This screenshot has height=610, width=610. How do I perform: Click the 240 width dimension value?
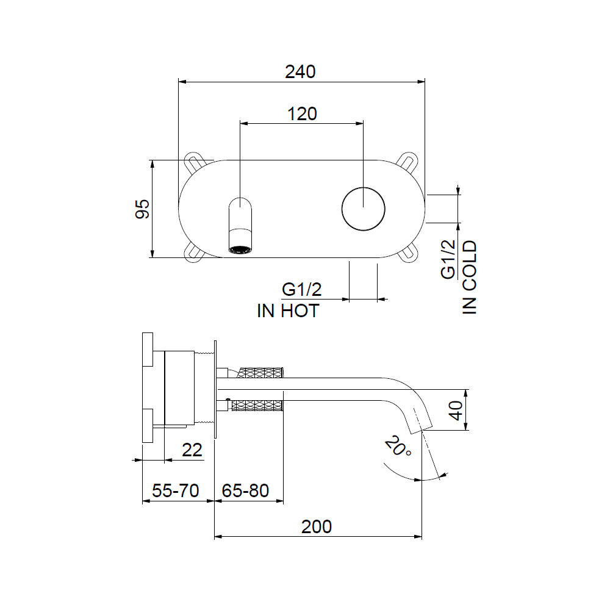[x=300, y=72]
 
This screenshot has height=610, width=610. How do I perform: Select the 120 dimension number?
[x=302, y=114]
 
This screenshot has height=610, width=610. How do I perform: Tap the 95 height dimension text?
[x=142, y=209]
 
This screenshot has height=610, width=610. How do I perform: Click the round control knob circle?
[x=364, y=187]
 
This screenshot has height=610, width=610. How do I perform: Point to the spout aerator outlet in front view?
[x=240, y=249]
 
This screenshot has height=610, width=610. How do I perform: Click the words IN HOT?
[x=288, y=311]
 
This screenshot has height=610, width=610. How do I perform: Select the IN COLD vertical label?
[x=470, y=277]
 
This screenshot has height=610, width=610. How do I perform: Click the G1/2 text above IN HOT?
[x=301, y=289]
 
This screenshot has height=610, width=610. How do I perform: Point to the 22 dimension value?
[x=192, y=450]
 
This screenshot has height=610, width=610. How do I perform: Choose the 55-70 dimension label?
[x=176, y=490]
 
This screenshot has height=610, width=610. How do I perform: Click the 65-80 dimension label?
[x=245, y=490]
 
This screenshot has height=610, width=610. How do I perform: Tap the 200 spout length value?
[x=316, y=527]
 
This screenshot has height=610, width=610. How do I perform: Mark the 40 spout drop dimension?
[x=456, y=410]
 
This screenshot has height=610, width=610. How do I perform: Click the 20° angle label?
[x=398, y=446]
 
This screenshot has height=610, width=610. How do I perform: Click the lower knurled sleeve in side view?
[x=257, y=406]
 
